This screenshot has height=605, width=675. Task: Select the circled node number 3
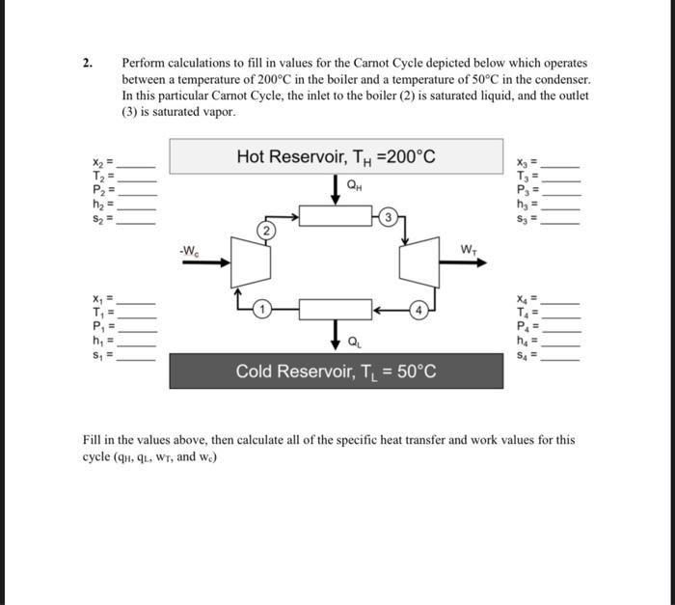coord(389,215)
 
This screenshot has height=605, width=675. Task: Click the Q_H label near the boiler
coord(355,185)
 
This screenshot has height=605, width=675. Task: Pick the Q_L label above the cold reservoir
coord(355,339)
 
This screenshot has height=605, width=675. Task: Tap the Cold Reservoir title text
coord(336,371)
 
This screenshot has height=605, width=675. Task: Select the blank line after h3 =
coord(561,207)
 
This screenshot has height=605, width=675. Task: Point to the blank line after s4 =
coord(561,358)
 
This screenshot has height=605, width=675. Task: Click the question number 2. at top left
coord(88,63)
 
